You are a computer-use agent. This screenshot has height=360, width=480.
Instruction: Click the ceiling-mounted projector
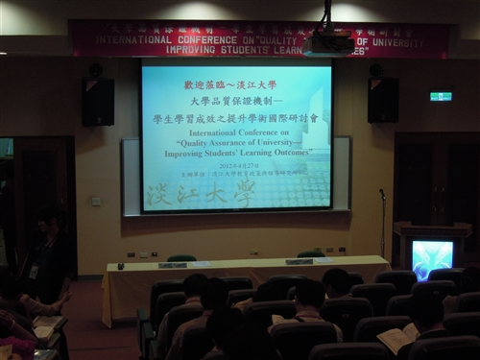[x=330, y=41]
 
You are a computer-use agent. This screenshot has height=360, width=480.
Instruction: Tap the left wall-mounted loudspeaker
[x=98, y=101]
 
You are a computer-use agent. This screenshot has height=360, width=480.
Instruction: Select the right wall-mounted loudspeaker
[x=383, y=99]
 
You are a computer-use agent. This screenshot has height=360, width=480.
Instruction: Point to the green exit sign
[x=441, y=97]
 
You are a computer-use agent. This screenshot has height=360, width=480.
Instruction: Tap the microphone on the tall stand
[x=381, y=193]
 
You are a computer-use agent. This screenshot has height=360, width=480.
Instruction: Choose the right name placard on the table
[x=299, y=261]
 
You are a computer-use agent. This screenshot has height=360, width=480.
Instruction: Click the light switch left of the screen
[x=95, y=201]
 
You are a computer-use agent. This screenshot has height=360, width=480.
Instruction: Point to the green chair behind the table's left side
[x=180, y=257]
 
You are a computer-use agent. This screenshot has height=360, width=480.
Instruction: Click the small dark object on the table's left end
[x=120, y=266]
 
